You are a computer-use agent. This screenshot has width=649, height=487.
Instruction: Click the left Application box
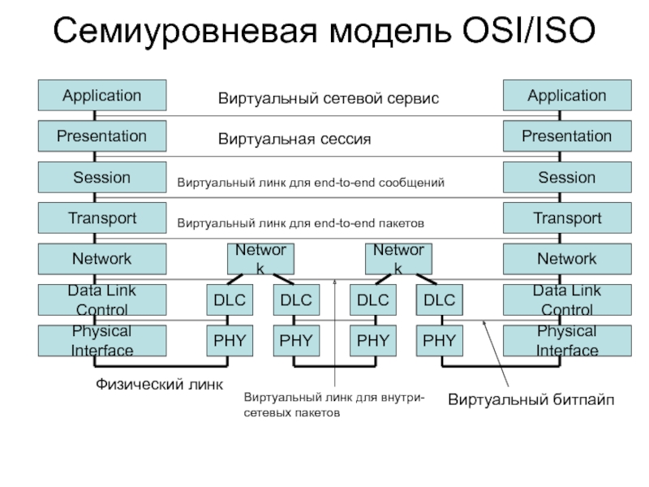pos(102,95)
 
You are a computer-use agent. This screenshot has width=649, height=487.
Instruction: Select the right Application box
pos(566,95)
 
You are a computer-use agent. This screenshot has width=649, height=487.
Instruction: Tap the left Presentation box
pos(102,136)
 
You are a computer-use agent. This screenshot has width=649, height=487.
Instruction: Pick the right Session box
pos(566,177)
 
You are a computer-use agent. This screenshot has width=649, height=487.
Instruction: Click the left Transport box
pos(102,218)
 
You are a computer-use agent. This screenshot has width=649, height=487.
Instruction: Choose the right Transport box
pos(566,218)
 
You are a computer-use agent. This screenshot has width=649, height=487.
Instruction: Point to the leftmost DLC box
pos(229,300)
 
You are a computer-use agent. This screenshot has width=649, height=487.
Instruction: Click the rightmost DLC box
pos(439,300)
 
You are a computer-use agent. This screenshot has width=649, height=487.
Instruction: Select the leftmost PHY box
pos(229,341)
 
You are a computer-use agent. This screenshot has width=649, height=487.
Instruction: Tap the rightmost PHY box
pos(439,341)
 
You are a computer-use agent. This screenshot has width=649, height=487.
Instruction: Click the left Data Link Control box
pos(102,300)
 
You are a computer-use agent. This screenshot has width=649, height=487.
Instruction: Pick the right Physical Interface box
pos(566,341)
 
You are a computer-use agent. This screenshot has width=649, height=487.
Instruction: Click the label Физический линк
pos(154,383)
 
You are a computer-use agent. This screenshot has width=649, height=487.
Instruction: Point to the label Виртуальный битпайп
pos(531,399)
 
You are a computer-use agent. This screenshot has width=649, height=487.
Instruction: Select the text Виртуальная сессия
pos(294,140)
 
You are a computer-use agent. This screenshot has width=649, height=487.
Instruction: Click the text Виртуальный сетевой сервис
pos(328,98)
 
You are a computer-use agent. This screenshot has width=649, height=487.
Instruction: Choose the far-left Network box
pos(102,259)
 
